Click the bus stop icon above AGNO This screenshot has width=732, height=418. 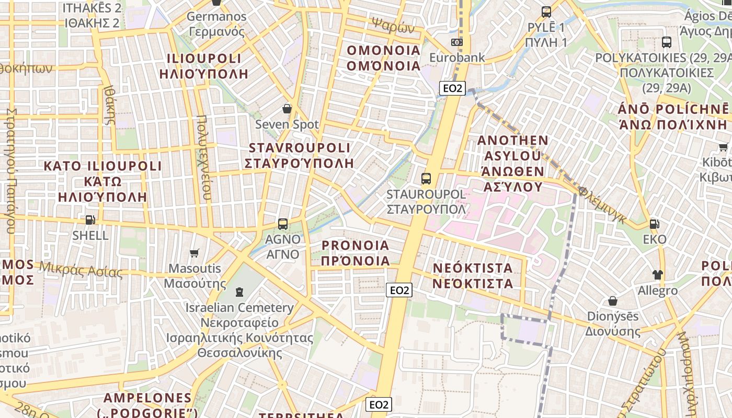tap(283, 224)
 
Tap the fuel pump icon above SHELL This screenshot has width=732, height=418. tap(90, 220)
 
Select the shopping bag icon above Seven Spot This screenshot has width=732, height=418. tap(287, 109)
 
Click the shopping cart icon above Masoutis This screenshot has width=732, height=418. tap(195, 253)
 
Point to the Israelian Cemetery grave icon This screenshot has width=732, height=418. tap(239, 292)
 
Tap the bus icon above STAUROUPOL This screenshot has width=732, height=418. tap(426, 179)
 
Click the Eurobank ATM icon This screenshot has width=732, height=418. tap(457, 42)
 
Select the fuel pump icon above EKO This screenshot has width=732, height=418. tap(654, 224)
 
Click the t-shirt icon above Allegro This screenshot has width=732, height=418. tap(657, 275)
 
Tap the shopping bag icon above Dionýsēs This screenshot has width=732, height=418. tap(612, 301)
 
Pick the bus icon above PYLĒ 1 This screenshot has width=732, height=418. tap(546, 11)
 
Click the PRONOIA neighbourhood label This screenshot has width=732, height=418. tap(356, 253)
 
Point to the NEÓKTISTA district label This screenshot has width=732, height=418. tap(473, 276)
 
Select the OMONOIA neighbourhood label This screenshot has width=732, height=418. tap(384, 58)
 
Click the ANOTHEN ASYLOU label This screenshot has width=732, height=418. tap(512, 164)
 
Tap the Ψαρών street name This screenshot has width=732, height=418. tap(393, 24)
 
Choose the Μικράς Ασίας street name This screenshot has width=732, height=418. tap(81, 270)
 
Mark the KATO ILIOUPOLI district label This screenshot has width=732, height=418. tap(103, 181)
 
